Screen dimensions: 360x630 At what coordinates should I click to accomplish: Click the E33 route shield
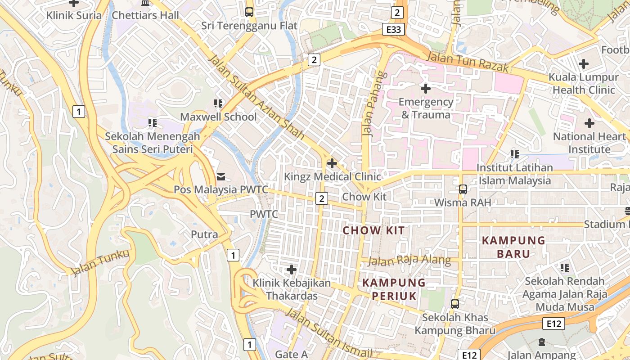tap(394, 30)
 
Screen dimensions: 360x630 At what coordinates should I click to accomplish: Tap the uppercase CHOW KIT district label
tap(373, 231)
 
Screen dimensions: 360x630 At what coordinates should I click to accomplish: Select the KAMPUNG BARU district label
tap(513, 247)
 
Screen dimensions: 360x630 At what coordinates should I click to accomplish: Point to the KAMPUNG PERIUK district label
tap(394, 289)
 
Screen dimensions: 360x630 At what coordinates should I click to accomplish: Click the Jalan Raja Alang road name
tap(409, 260)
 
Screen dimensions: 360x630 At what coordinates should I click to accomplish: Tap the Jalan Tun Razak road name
tap(468, 62)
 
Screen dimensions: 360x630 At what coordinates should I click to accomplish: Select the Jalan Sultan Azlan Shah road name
tap(256, 97)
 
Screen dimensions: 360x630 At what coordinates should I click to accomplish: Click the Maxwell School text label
tap(218, 117)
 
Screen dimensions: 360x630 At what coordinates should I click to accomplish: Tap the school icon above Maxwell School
tap(218, 104)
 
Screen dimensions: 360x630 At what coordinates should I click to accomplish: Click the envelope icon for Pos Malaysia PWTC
tap(221, 176)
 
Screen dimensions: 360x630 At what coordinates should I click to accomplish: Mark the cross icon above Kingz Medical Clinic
tap(332, 163)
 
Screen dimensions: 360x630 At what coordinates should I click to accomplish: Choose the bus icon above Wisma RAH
tap(463, 189)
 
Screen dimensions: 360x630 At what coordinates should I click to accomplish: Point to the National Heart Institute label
tap(589, 143)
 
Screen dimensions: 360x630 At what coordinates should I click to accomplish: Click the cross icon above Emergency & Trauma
tap(425, 89)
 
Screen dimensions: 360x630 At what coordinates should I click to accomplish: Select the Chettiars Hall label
tap(145, 15)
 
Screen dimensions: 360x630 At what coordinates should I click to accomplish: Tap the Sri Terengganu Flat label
tap(249, 26)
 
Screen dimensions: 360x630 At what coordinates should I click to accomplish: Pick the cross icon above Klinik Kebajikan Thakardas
tap(292, 270)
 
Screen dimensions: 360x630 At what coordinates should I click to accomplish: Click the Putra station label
tap(204, 234)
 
